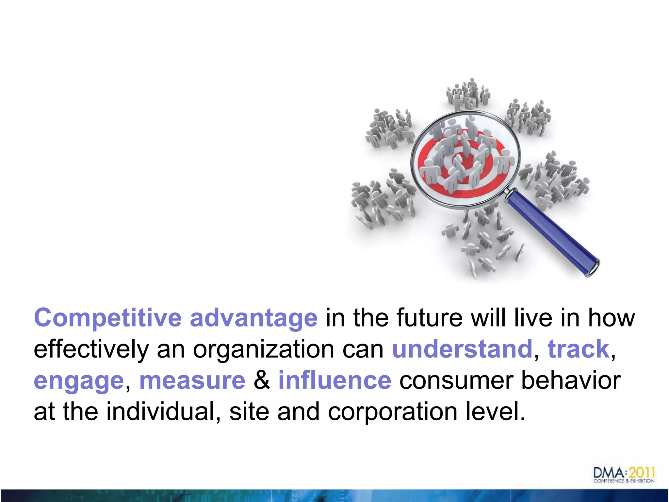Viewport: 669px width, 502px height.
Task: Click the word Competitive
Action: point(108,318)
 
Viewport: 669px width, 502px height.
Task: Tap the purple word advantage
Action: point(253,318)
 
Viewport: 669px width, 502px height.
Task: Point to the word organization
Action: point(263,349)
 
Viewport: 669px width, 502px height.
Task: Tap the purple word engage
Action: point(79,381)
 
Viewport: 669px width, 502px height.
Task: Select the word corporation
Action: point(392,411)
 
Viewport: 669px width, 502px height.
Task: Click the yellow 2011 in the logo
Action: point(642,473)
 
